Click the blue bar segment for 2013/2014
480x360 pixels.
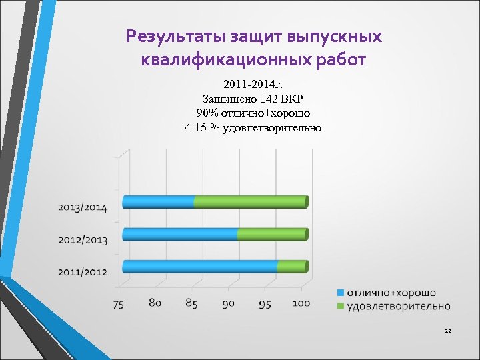pos(159,201)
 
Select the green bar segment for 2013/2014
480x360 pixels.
pos(250,201)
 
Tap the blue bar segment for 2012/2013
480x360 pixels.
pos(180,234)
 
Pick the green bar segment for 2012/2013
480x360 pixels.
pos(271,234)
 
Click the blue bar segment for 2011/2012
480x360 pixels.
pos(200,267)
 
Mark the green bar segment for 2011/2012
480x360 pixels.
pos(290,267)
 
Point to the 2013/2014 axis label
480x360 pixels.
pos(82,207)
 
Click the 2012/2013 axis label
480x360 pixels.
pos(82,239)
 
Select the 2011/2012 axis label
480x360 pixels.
pos(82,271)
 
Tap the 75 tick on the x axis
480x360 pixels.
pos(118,305)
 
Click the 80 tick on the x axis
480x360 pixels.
pos(155,303)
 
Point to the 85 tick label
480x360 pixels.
pos(191,303)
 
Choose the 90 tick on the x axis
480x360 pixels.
pos(228,304)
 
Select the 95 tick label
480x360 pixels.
pos(265,304)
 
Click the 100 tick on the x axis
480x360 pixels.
pos(301,303)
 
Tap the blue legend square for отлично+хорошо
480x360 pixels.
pos(340,293)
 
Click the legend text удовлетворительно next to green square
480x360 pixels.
pos(398,306)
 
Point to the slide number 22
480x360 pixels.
pos(448,331)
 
